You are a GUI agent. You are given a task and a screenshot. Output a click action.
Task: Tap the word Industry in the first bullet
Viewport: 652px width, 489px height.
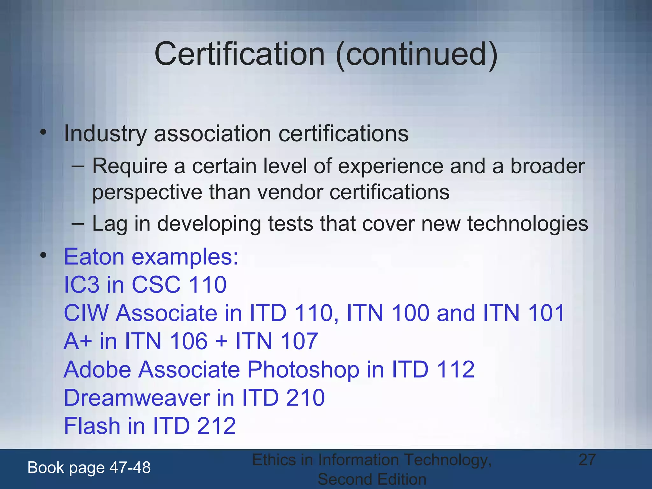pyautogui.click(x=105, y=134)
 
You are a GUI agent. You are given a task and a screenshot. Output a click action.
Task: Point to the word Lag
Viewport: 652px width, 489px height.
pyautogui.click(x=110, y=224)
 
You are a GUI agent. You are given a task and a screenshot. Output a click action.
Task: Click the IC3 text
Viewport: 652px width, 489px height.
pyautogui.click(x=81, y=285)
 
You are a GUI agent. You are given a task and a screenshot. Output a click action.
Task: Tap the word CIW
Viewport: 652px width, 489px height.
pyautogui.click(x=86, y=313)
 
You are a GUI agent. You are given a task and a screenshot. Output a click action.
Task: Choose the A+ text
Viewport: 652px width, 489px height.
pyautogui.click(x=78, y=341)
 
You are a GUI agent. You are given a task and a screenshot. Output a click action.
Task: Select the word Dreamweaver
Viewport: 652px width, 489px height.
pyautogui.click(x=137, y=398)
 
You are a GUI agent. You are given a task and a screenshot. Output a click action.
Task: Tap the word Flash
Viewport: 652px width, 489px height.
pyautogui.click(x=92, y=426)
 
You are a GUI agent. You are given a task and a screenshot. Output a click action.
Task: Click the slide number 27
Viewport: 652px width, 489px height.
pyautogui.click(x=587, y=460)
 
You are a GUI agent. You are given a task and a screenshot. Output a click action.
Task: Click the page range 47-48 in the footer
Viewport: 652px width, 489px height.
pyautogui.click(x=130, y=468)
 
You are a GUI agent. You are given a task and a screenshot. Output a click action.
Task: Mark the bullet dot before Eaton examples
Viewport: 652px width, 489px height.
pyautogui.click(x=43, y=255)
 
